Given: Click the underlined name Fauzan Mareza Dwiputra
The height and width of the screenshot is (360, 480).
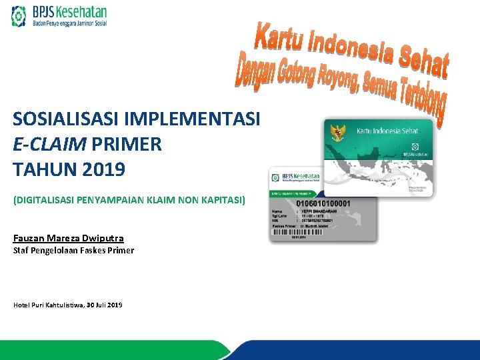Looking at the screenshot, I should [69, 238].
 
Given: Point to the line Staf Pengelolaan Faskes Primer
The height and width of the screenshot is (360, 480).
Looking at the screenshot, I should [73, 251].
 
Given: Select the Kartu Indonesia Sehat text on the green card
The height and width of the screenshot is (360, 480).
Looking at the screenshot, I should [387, 131].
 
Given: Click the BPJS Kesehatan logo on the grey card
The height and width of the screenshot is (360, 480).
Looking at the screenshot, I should [295, 179].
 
